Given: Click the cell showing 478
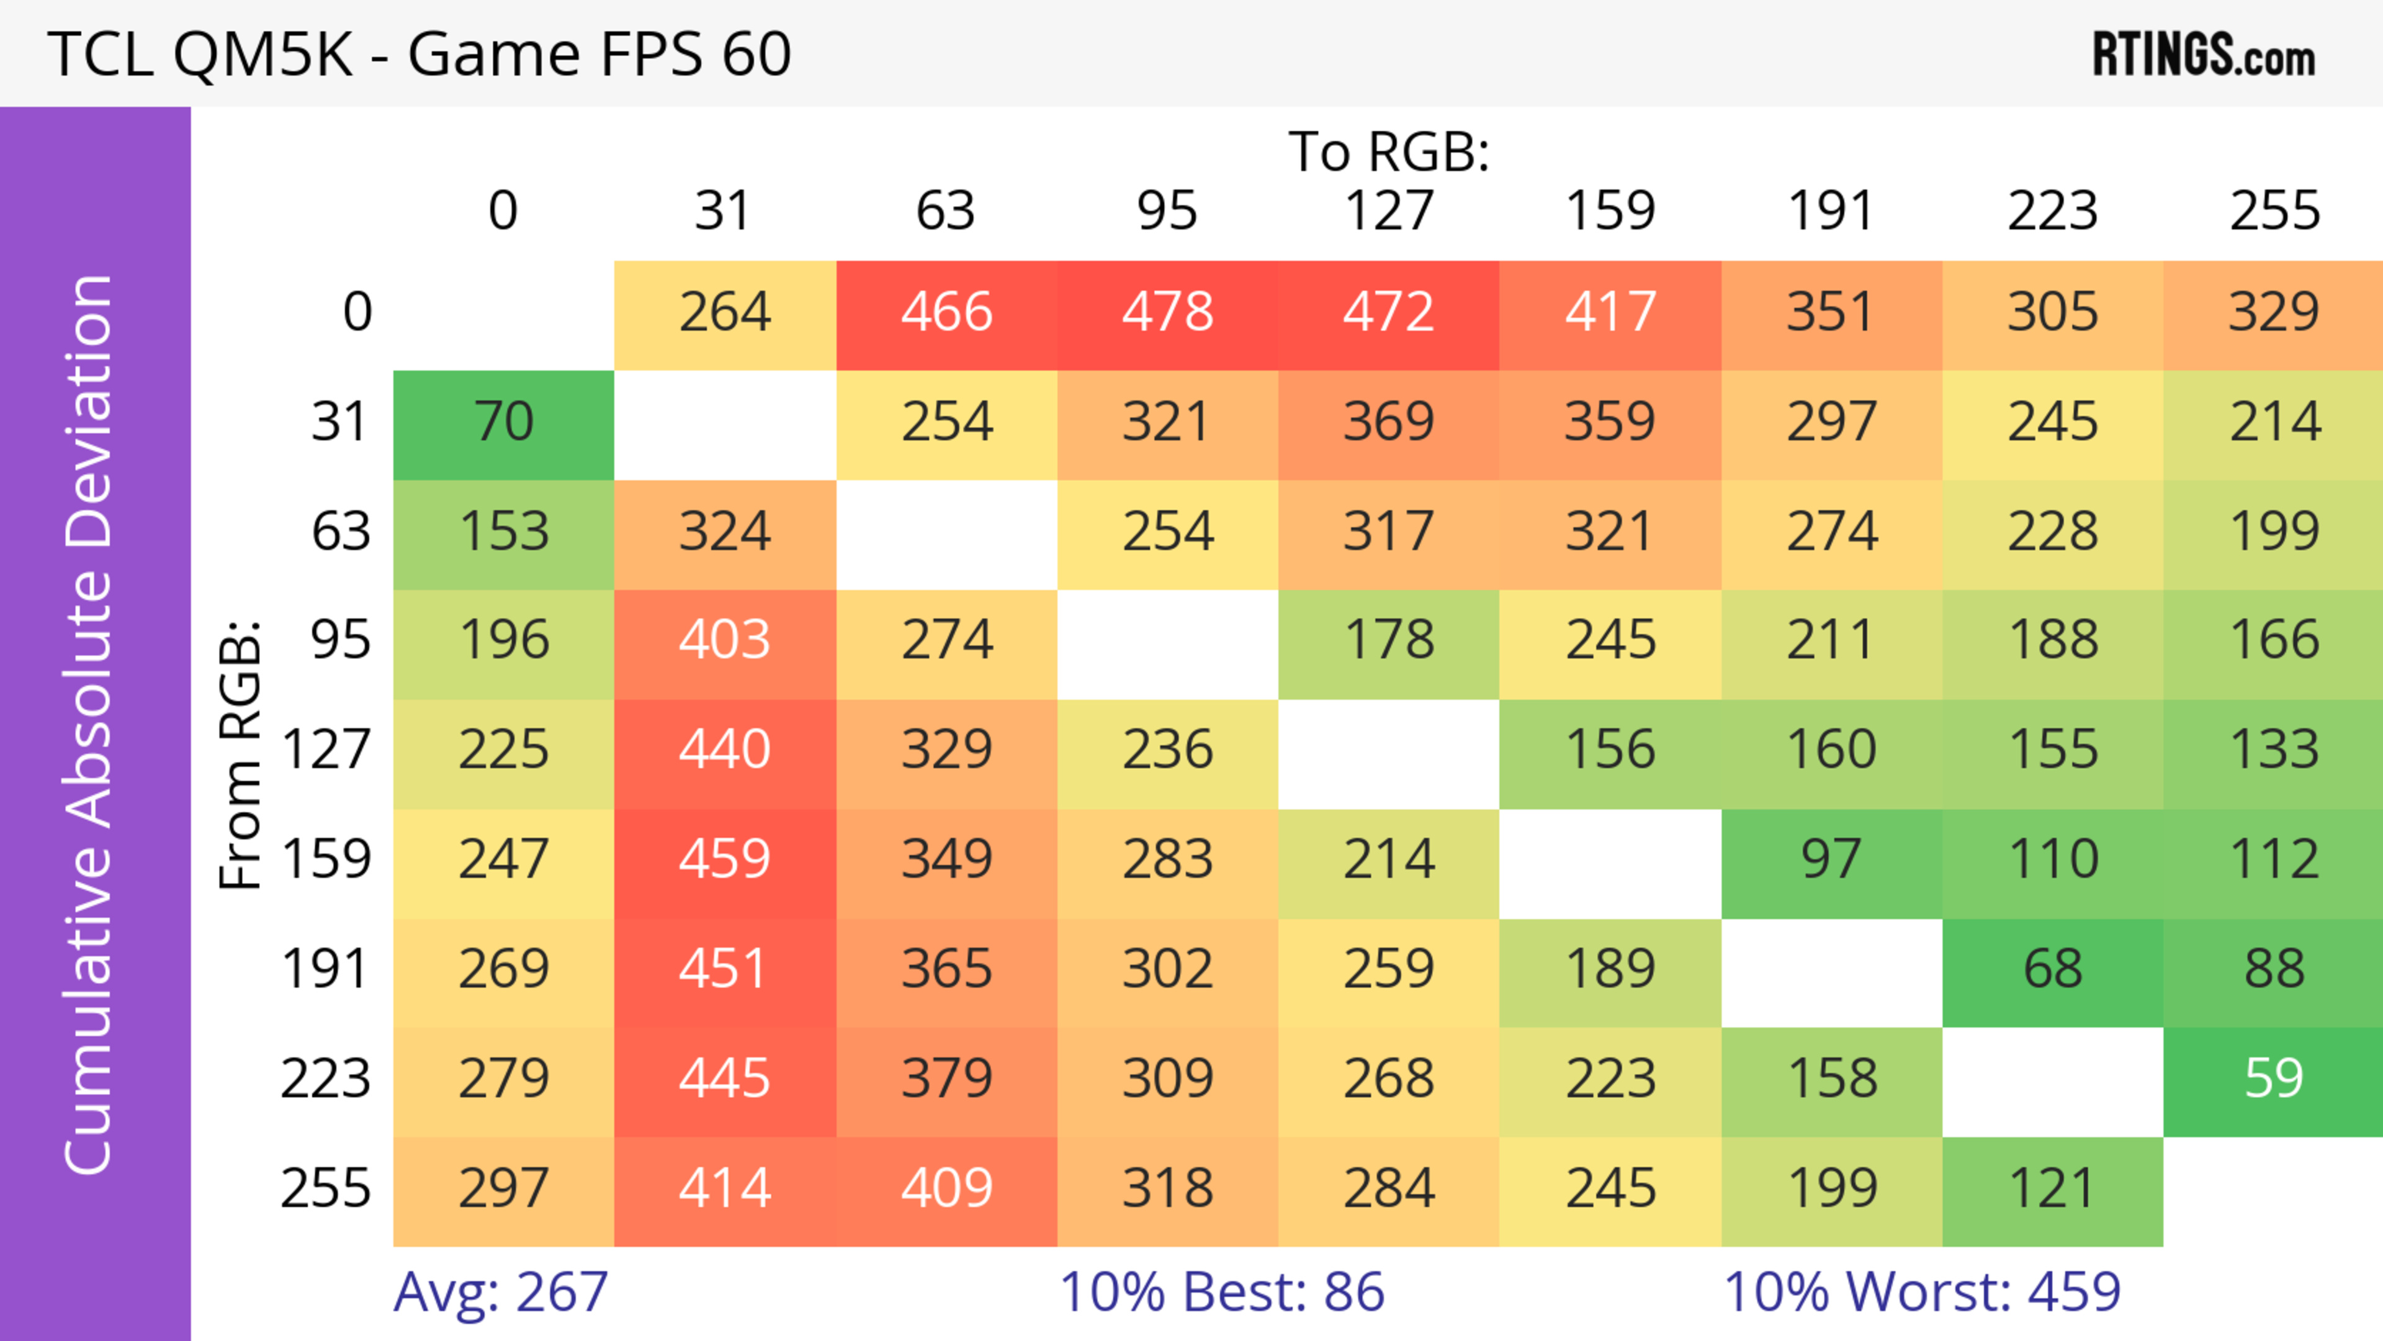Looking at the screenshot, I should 1167,313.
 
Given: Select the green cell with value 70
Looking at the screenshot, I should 503,423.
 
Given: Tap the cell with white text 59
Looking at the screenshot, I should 2273,1079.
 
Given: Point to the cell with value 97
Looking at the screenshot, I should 1831,860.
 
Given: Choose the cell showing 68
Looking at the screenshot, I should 2052,969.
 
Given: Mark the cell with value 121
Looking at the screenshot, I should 2052,1188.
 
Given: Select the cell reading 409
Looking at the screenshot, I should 946,1188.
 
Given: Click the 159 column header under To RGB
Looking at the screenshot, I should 1610,211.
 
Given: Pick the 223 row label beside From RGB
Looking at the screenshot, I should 326,1079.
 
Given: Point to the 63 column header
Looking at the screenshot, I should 945,211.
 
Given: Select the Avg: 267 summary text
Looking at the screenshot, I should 500,1292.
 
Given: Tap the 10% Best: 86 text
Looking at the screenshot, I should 1221,1292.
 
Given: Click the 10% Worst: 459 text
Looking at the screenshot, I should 1921,1292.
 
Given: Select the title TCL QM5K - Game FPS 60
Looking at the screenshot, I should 419,53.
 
